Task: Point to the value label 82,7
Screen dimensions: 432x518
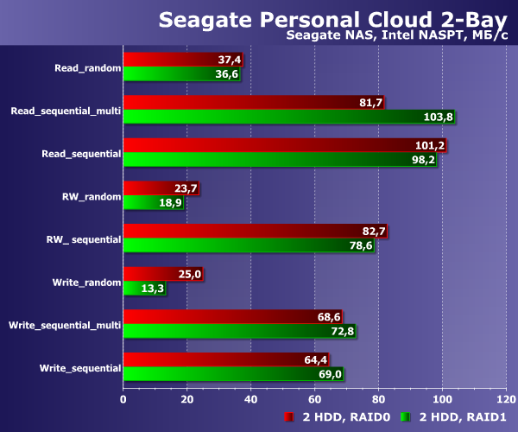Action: (x=371, y=232)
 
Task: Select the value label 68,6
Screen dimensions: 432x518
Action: (x=326, y=317)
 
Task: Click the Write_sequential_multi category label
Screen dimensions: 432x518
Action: (x=64, y=325)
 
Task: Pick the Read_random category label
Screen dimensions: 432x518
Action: (x=87, y=67)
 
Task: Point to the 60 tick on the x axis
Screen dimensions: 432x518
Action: (x=315, y=400)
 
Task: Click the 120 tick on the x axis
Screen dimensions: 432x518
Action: (x=506, y=400)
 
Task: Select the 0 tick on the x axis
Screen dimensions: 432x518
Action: (x=123, y=400)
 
